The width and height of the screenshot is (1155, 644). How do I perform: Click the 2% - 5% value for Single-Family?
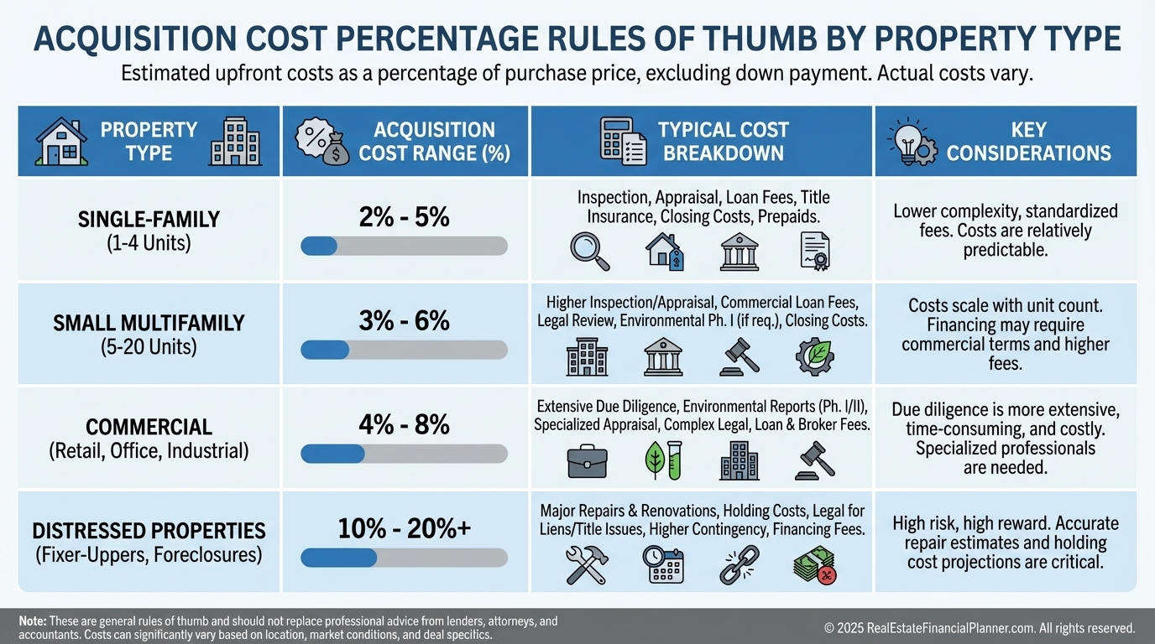point(405,217)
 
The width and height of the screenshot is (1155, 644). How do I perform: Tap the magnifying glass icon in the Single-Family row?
point(589,251)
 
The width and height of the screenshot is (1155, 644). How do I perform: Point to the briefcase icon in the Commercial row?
point(587,460)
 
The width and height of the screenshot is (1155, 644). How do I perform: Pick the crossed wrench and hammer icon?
point(587,564)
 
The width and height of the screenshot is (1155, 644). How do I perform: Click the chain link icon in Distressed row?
point(739,564)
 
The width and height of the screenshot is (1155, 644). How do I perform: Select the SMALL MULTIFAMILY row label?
point(149,323)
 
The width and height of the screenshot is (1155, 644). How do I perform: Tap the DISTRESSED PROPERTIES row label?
point(149,531)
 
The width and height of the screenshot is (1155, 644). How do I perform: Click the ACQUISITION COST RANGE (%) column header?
point(434,142)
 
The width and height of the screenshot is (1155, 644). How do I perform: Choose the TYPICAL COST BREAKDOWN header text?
point(723,142)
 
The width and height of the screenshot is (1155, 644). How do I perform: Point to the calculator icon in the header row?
point(621,141)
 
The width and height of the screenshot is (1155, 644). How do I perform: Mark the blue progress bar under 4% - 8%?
point(332,454)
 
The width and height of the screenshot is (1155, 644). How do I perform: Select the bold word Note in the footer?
point(33,621)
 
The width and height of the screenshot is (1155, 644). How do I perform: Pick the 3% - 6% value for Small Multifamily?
point(405,321)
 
